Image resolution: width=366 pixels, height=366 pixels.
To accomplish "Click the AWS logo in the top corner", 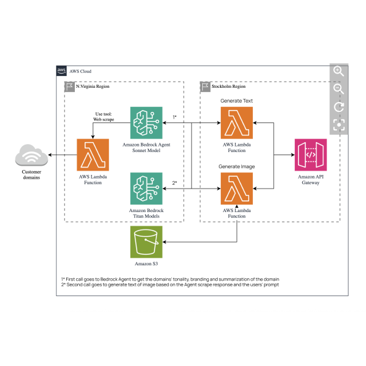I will click(62, 71).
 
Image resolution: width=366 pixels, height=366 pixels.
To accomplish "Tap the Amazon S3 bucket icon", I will click(146, 242).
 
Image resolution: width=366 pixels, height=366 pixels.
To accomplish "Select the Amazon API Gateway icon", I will click(311, 155).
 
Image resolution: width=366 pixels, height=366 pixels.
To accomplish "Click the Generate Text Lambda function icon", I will click(237, 122).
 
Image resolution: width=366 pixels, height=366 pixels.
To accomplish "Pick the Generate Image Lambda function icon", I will click(237, 188).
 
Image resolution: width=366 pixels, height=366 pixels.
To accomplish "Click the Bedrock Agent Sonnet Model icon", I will click(146, 122).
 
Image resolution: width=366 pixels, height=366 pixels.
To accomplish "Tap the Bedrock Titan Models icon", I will click(146, 188).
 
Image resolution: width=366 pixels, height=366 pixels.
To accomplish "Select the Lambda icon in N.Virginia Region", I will click(93, 155).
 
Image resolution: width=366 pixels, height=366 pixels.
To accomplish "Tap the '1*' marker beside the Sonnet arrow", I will click(175, 117).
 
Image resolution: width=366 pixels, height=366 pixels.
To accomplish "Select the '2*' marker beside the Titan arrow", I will click(175, 182).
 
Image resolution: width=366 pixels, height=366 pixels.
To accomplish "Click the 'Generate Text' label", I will click(237, 100).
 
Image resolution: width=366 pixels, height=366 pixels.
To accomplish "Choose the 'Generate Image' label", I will click(237, 166).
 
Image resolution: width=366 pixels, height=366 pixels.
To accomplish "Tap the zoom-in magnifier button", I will click(338, 71).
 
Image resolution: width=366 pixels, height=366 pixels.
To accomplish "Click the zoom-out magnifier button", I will click(338, 89).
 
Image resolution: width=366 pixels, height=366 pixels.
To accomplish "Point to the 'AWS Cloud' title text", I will click(81, 71).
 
